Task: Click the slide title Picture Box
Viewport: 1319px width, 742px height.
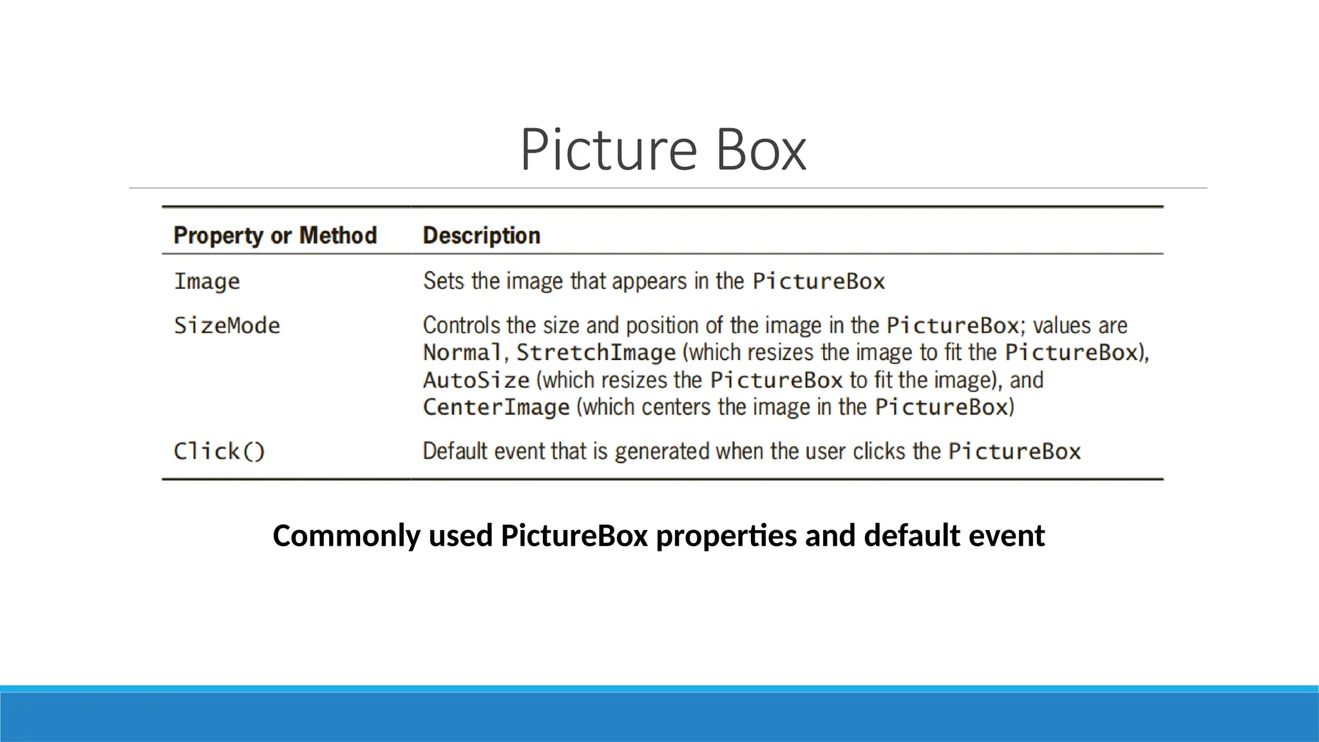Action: point(663,150)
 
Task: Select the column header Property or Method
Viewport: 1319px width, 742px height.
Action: point(275,236)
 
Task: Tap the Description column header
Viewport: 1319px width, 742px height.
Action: point(481,236)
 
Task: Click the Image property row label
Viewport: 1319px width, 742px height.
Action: point(207,281)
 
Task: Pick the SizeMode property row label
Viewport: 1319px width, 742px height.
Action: point(227,325)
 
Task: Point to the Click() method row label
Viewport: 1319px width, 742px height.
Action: point(219,451)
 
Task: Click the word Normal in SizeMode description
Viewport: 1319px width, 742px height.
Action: point(462,352)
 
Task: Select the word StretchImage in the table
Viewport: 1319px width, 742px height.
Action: point(596,352)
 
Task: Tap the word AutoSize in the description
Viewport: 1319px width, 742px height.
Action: point(476,380)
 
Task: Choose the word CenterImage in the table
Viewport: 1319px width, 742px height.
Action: point(496,407)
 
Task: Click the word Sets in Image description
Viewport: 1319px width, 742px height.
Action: point(443,281)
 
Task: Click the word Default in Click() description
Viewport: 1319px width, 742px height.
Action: point(455,451)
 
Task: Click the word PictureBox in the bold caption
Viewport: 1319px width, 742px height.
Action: point(574,536)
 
